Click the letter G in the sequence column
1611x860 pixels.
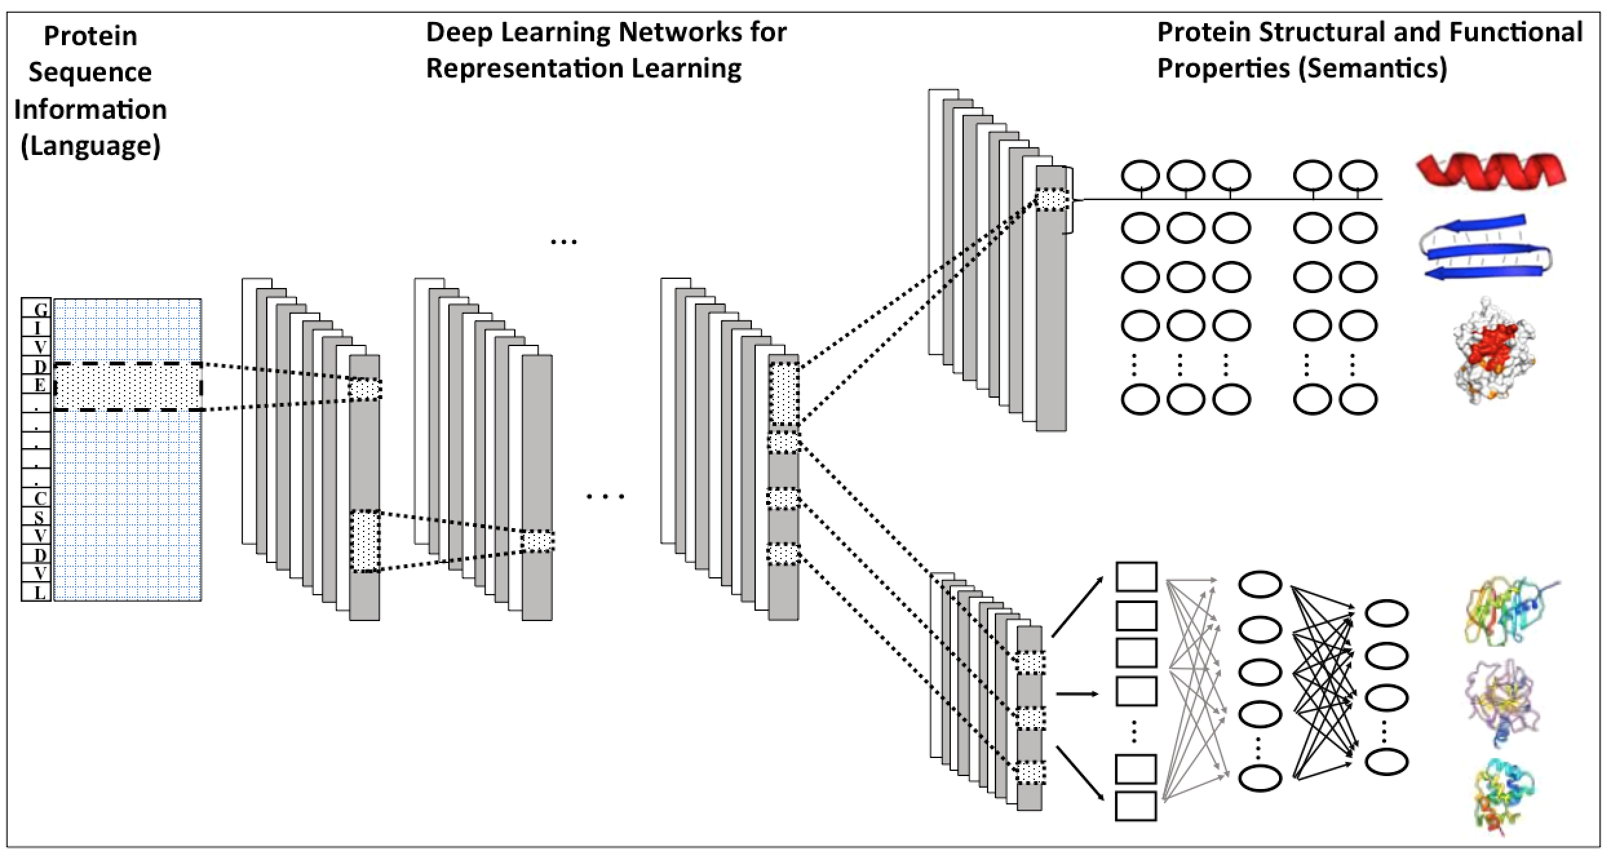click(x=40, y=310)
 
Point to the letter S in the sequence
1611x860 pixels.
click(x=39, y=517)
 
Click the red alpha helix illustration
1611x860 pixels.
click(x=1491, y=172)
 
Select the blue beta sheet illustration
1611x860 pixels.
click(x=1486, y=247)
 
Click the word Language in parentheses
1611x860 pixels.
click(x=90, y=146)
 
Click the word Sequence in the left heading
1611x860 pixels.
click(x=90, y=72)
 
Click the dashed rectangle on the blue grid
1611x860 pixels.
click(x=128, y=387)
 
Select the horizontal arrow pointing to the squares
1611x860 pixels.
click(x=1077, y=694)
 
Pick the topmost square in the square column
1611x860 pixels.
click(x=1136, y=577)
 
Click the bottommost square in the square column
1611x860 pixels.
click(x=1136, y=806)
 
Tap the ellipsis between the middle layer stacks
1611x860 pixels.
click(x=605, y=497)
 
